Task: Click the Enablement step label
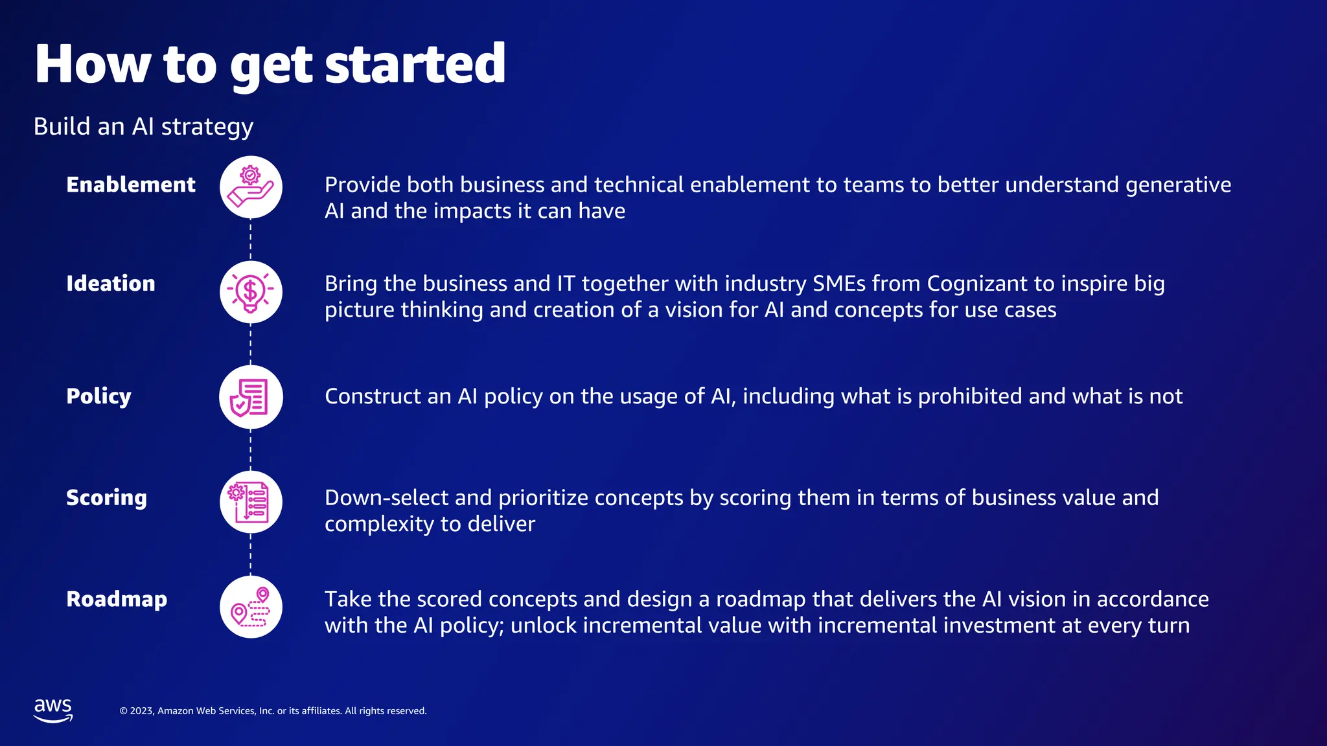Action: click(130, 185)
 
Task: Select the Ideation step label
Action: click(110, 284)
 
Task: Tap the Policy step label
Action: click(98, 396)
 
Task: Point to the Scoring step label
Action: click(106, 497)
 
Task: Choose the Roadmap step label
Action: click(117, 599)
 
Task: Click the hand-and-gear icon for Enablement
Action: click(251, 187)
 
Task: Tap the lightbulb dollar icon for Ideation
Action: click(251, 292)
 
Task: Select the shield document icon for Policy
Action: click(251, 397)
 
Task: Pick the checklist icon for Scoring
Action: click(251, 502)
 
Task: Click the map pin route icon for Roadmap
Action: click(251, 607)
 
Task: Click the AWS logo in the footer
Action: click(53, 710)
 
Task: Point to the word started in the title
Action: click(415, 65)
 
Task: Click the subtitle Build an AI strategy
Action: click(143, 126)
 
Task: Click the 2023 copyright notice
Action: click(273, 711)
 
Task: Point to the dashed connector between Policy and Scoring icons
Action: click(251, 449)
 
